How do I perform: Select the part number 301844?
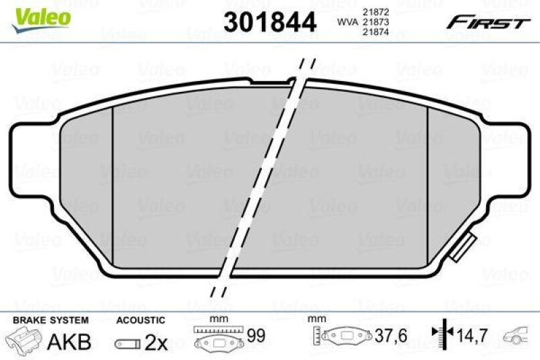(x=270, y=23)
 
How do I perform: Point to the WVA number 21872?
(x=375, y=11)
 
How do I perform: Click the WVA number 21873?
(x=375, y=22)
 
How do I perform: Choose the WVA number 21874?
(x=375, y=32)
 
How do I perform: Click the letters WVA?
(x=347, y=22)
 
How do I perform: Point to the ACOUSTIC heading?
(x=140, y=319)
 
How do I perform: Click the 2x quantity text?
(x=157, y=342)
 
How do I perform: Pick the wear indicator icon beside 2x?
(x=128, y=343)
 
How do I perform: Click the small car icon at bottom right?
(x=518, y=335)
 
